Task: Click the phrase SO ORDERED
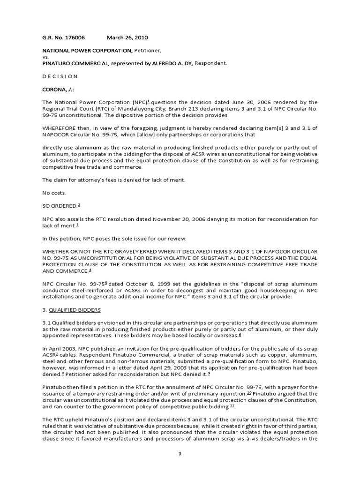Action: (59, 206)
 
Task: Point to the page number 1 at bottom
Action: (180, 466)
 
